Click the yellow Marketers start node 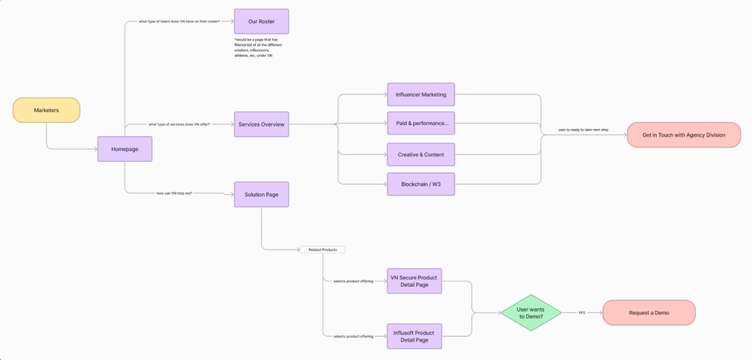click(x=46, y=110)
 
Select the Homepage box click(x=124, y=149)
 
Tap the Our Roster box click(x=261, y=21)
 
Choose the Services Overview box click(x=261, y=124)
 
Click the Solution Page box click(x=261, y=194)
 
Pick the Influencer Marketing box click(x=421, y=95)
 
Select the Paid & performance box click(x=421, y=124)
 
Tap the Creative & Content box click(x=421, y=154)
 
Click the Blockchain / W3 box click(x=421, y=184)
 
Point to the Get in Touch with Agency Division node click(x=684, y=135)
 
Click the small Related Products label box click(x=322, y=250)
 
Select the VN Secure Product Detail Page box click(x=414, y=281)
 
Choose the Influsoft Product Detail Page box click(x=414, y=336)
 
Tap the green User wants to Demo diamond click(x=531, y=312)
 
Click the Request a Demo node click(x=649, y=312)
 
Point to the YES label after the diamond click(x=581, y=312)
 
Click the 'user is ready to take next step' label click(x=583, y=130)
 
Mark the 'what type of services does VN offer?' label click(x=179, y=124)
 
